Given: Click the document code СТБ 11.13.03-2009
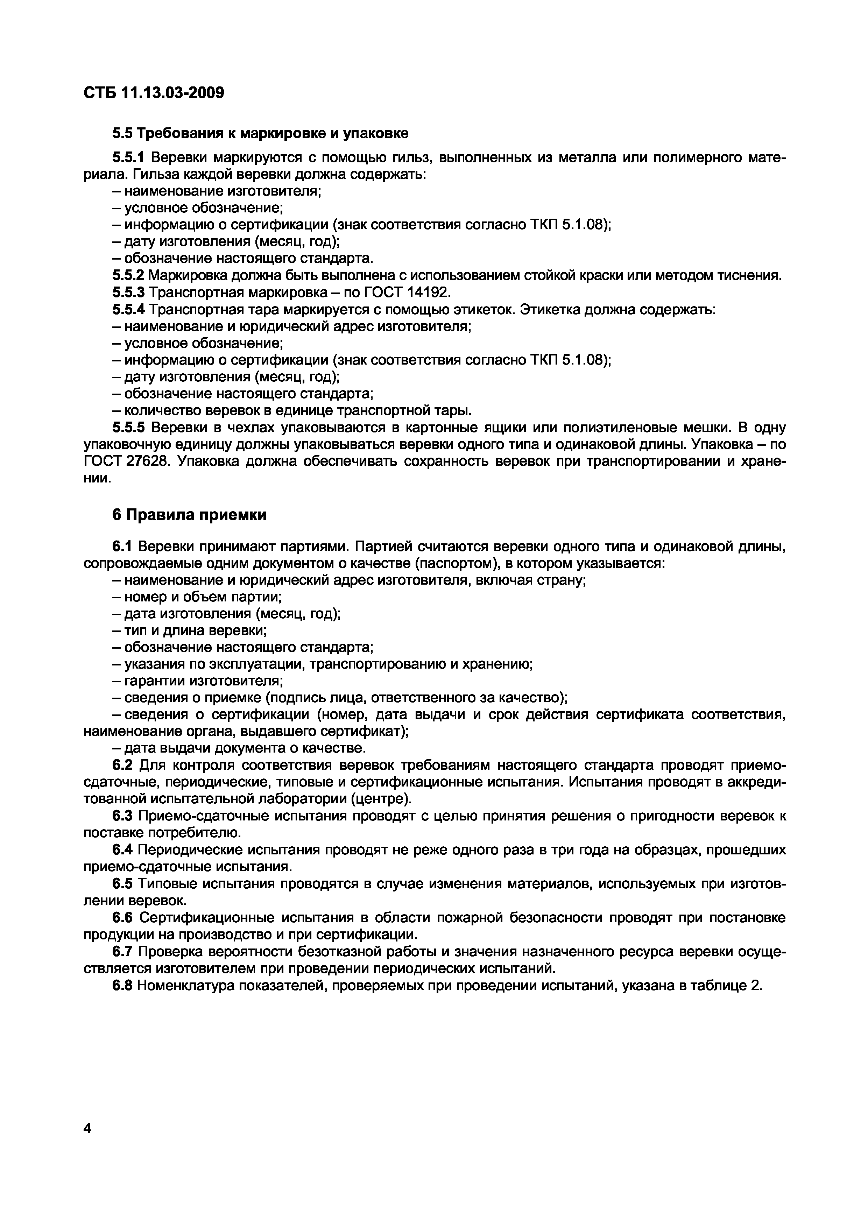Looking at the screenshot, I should [x=154, y=93].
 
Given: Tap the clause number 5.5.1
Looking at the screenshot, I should [x=128, y=158].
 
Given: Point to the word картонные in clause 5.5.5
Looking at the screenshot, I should [x=421, y=428].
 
